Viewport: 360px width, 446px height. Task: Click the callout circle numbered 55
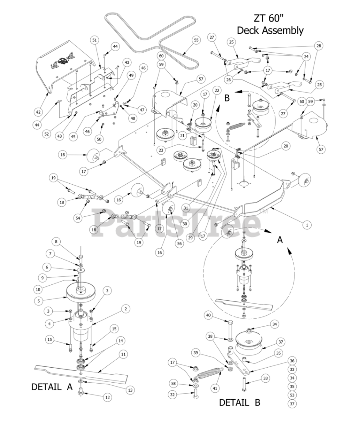coord(196,40)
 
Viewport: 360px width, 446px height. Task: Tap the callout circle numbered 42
coord(38,112)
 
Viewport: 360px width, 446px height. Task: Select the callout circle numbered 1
coord(307,225)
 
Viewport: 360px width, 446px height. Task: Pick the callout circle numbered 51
coord(94,40)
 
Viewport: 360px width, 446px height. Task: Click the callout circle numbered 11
coord(123,354)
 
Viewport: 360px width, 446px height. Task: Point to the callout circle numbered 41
coord(215,388)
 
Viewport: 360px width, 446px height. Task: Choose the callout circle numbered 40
coord(208,315)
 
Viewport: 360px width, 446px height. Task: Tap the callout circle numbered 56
coord(179,244)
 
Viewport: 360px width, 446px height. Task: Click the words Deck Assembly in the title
coord(270,30)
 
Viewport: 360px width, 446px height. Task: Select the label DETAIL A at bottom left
coord(52,387)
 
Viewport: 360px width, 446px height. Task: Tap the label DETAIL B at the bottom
coord(239,402)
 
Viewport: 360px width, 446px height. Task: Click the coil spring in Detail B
coord(209,375)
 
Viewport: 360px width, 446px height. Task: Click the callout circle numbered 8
coord(55,241)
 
